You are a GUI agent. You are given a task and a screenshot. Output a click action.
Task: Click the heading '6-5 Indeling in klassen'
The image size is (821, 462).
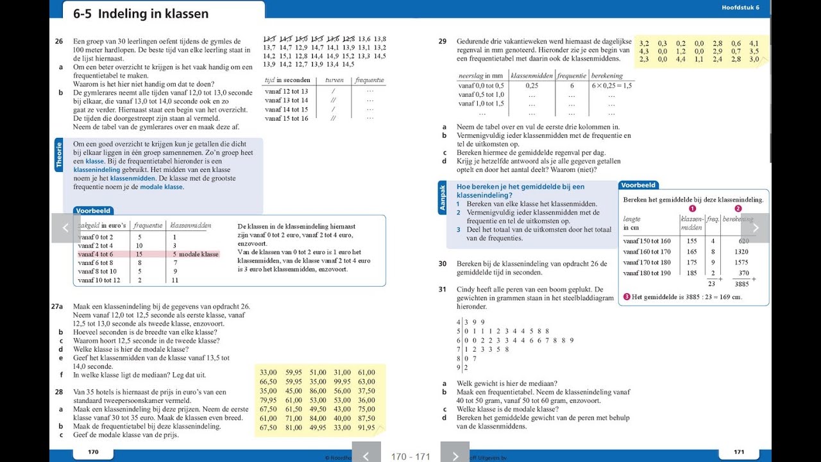click(x=140, y=13)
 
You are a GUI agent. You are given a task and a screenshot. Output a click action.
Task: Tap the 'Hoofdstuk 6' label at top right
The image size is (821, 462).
click(x=740, y=8)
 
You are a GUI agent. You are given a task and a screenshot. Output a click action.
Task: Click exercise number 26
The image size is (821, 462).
click(x=58, y=41)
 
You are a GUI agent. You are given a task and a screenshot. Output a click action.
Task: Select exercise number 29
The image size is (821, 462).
click(x=443, y=41)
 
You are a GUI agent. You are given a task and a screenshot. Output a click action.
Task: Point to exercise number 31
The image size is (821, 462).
click(x=443, y=289)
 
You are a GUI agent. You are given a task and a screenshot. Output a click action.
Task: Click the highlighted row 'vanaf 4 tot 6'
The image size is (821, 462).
click(x=95, y=254)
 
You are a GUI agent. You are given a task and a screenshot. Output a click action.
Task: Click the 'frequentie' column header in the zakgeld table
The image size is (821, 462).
click(x=148, y=225)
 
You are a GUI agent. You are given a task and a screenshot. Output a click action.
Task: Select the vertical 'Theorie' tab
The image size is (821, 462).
click(x=59, y=154)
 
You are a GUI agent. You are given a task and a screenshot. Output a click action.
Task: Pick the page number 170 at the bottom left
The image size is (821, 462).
click(x=93, y=452)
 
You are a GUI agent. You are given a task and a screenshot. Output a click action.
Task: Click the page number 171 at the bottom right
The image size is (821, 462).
click(x=739, y=452)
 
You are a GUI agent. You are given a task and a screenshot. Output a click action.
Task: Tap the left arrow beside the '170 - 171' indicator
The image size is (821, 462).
click(x=366, y=456)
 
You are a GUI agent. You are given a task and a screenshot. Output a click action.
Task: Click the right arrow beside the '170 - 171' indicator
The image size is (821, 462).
click(x=455, y=456)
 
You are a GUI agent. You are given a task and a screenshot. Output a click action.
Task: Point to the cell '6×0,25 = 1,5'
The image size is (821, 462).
click(x=611, y=85)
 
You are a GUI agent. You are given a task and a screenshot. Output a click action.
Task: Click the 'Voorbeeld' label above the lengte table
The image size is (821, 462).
click(x=638, y=185)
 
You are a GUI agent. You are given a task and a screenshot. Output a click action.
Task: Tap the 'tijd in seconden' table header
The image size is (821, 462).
click(x=287, y=80)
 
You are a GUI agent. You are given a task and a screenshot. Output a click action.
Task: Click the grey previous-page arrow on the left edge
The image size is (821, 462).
click(x=65, y=228)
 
